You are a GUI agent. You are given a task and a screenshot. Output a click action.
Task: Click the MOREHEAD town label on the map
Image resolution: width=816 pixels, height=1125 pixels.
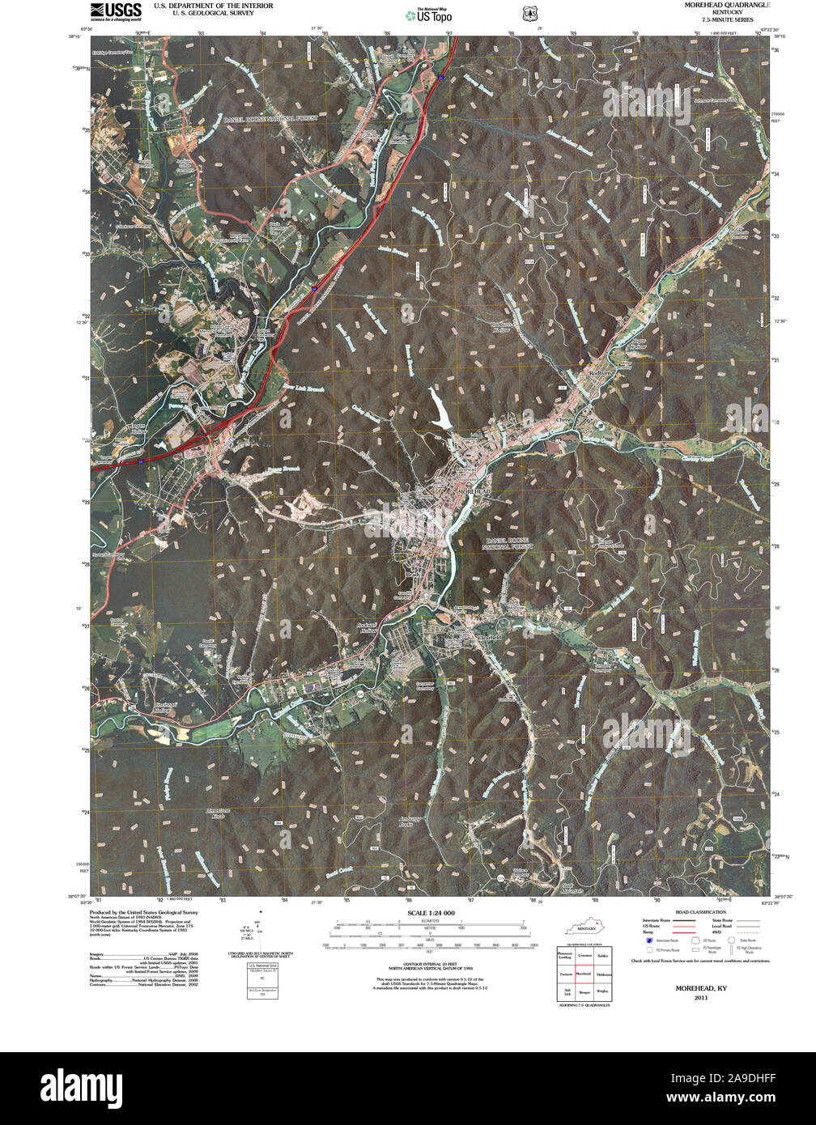(474, 492)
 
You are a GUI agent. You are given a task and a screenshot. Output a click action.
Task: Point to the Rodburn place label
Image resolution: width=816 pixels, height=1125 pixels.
(600, 374)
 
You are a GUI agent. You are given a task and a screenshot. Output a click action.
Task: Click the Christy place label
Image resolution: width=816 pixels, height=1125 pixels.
(563, 421)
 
